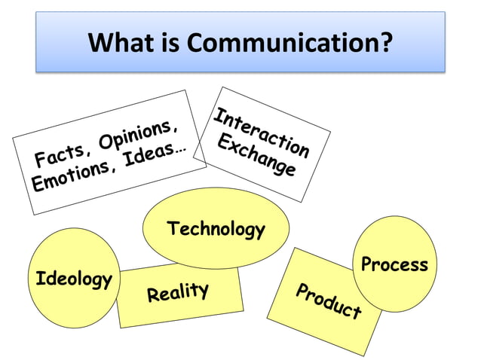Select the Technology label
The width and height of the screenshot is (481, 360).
point(216,228)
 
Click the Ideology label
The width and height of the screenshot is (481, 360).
point(74,279)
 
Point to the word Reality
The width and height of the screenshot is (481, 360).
point(177,291)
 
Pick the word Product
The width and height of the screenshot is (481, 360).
point(328,301)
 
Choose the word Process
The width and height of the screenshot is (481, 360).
point(394,264)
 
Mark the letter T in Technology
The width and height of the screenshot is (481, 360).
point(173,227)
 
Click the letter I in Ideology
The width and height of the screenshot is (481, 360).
point(40,279)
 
